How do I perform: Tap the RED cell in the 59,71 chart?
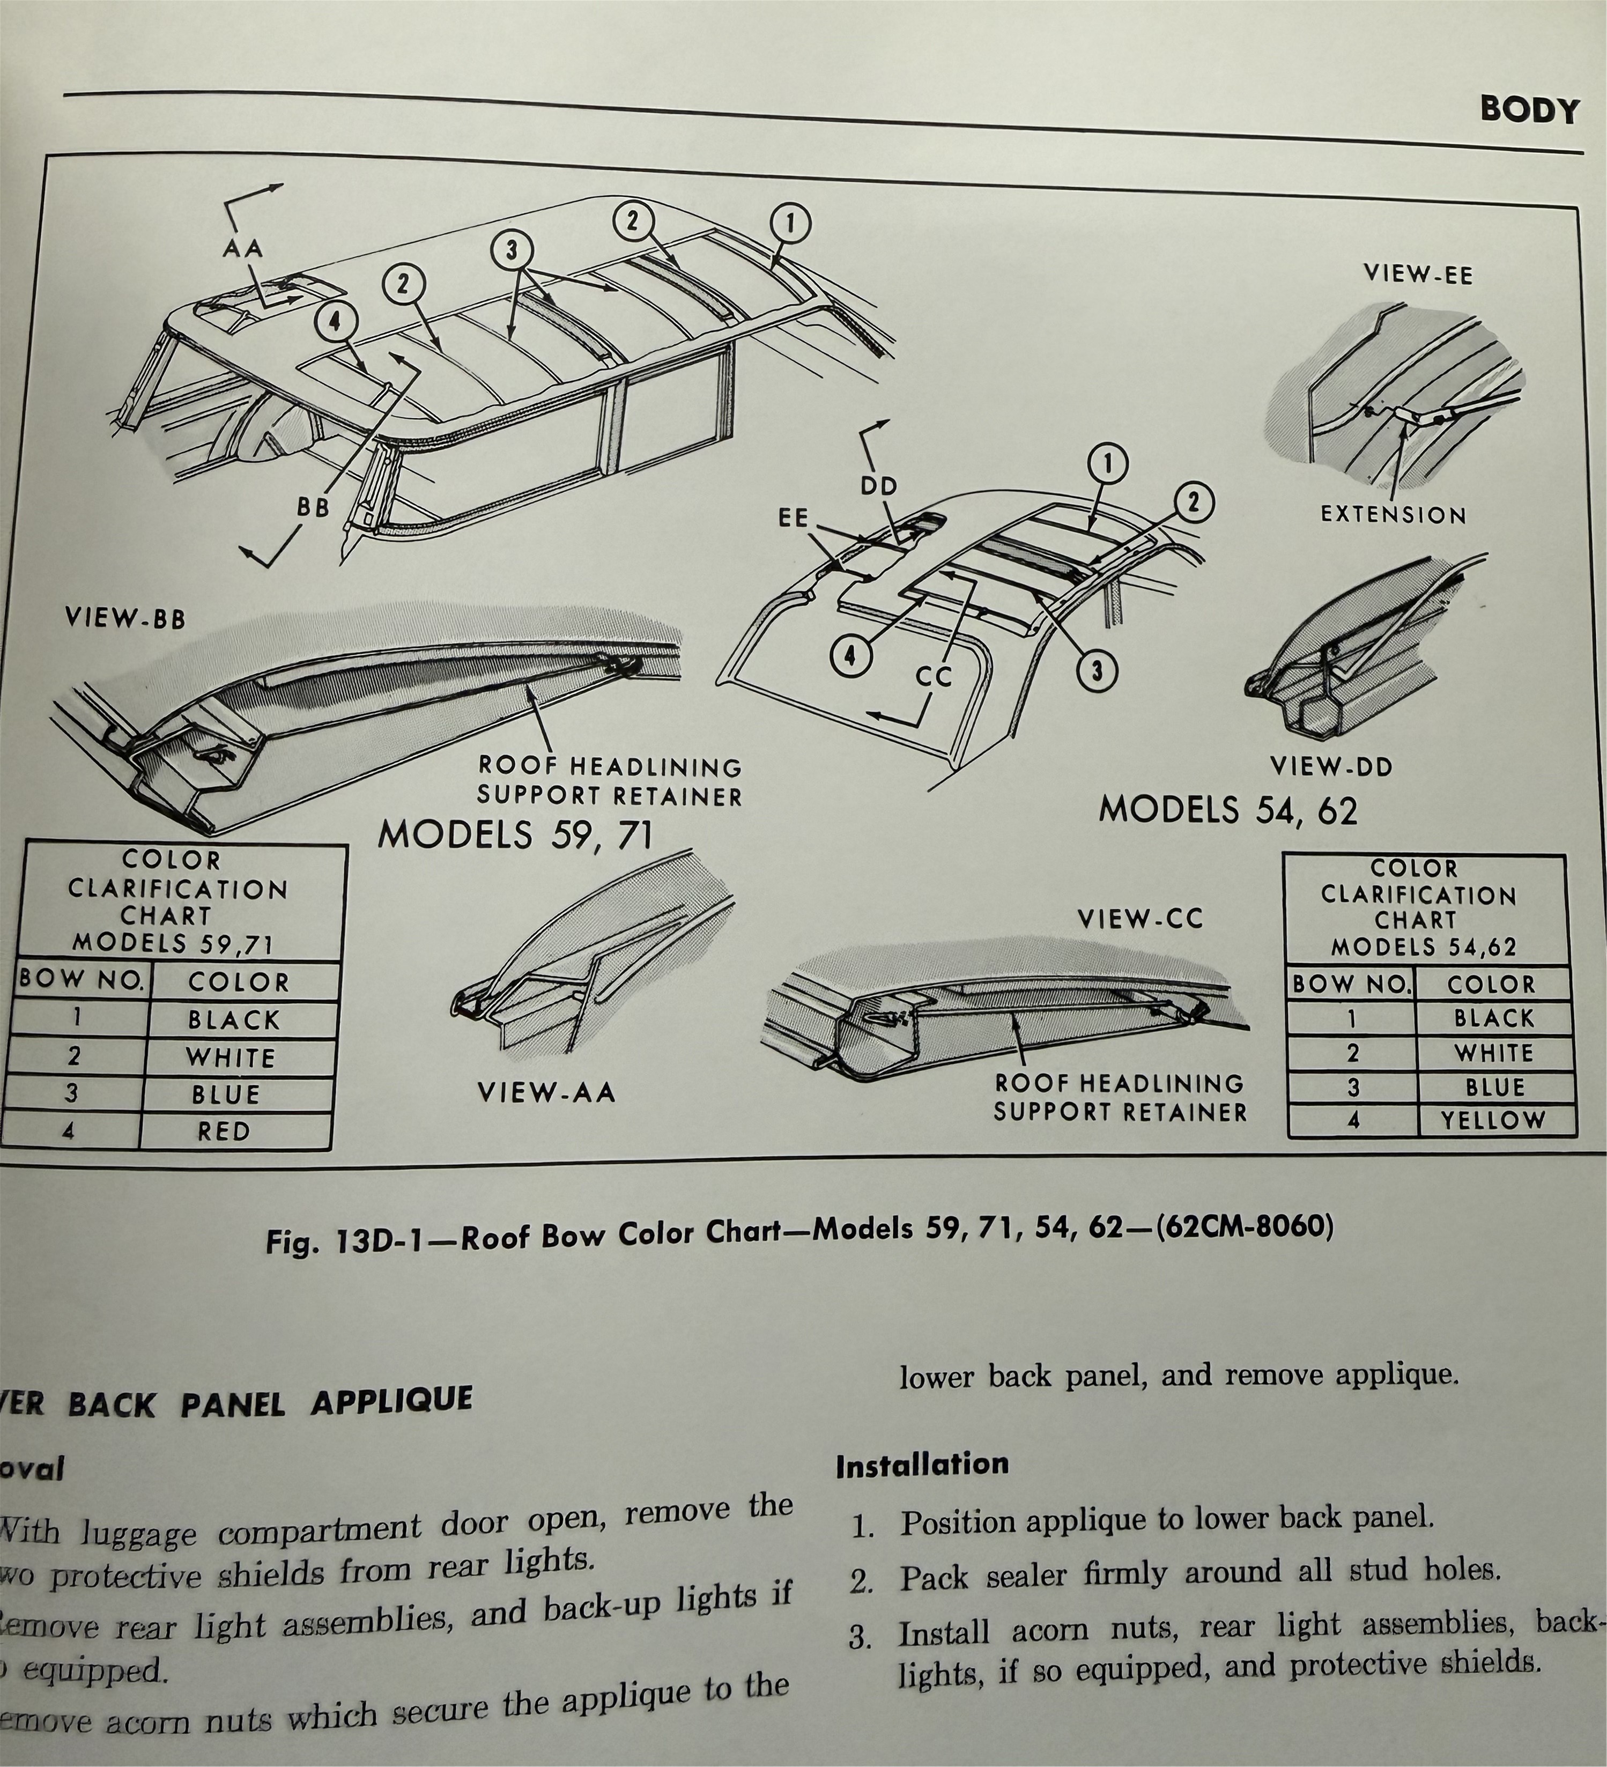point(224,1132)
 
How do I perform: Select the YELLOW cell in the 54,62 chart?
point(1493,1120)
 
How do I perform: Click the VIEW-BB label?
point(125,619)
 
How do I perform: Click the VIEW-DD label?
point(1331,767)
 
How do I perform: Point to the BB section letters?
point(313,507)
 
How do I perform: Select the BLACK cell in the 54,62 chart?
point(1494,1018)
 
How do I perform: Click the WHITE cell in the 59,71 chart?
point(231,1058)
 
